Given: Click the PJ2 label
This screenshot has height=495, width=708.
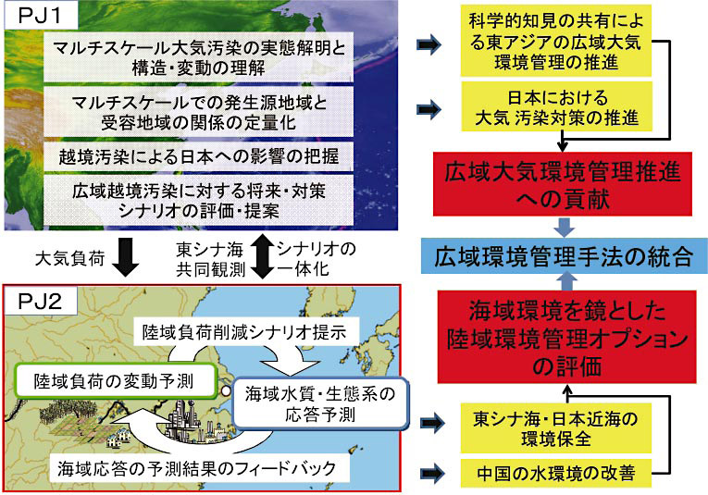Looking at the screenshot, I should pyautogui.click(x=36, y=302).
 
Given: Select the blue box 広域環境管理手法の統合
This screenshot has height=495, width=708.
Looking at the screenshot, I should pyautogui.click(x=566, y=256).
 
